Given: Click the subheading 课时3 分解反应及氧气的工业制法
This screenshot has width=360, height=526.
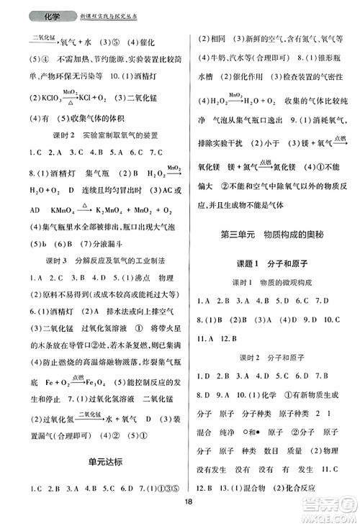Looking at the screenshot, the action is point(101,260).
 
